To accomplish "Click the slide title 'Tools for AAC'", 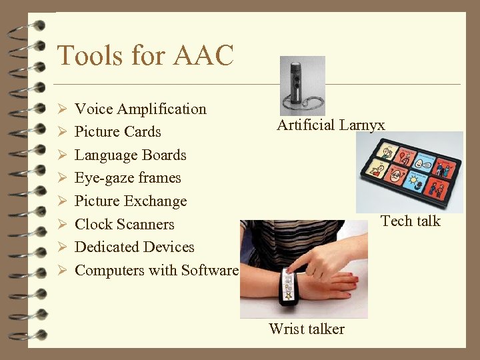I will click(145, 55).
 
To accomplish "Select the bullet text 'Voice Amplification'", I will click(140, 109).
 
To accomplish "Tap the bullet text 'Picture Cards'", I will click(117, 131).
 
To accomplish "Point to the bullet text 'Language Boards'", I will click(130, 155).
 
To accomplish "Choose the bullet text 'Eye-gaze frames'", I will click(127, 178).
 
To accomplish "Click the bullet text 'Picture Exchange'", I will click(130, 201).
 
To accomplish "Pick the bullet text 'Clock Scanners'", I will click(124, 224).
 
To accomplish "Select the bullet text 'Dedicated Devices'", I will click(134, 247).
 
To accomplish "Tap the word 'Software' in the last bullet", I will click(209, 270).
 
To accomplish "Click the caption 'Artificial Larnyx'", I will click(331, 125).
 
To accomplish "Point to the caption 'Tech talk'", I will click(410, 221).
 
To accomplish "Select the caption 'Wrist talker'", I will click(306, 329).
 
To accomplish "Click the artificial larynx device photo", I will click(302, 85).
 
